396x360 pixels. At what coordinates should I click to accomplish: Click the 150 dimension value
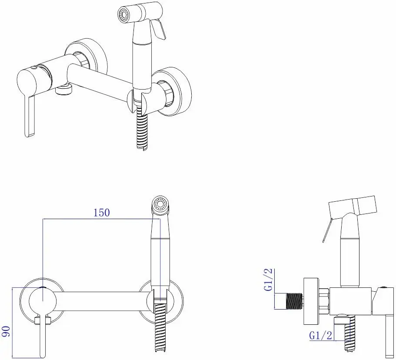click(102, 213)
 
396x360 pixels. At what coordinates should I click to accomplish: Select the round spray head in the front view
click(161, 206)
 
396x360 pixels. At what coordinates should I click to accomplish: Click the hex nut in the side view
click(324, 301)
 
